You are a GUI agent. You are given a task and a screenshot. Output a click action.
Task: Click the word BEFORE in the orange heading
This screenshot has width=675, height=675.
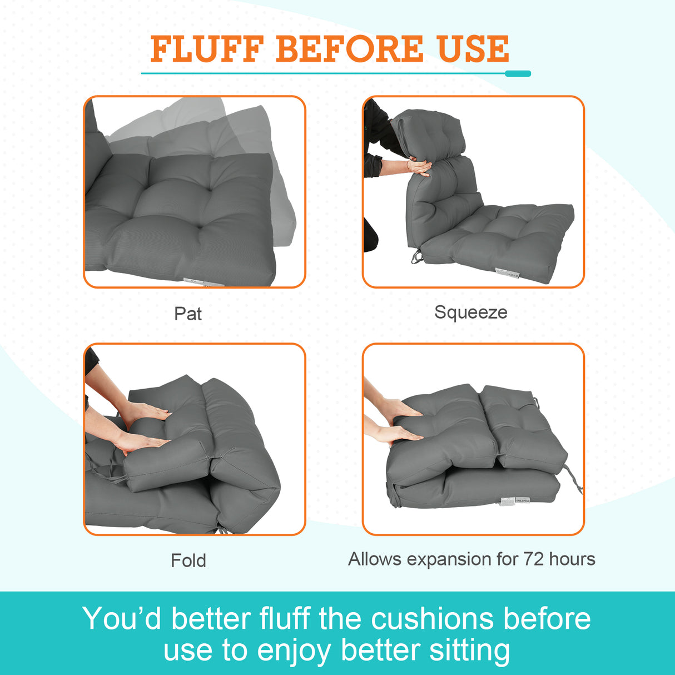(x=349, y=49)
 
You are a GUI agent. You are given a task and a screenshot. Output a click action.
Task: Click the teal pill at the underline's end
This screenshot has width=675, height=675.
(x=518, y=73)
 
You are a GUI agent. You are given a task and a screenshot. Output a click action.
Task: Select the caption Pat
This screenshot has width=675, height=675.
(x=187, y=314)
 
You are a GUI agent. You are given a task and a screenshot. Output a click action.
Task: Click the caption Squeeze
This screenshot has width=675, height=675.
(x=470, y=312)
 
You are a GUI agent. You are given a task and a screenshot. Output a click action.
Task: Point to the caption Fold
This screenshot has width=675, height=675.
(x=188, y=560)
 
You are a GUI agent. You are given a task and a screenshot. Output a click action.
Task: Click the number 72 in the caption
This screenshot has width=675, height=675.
(x=533, y=559)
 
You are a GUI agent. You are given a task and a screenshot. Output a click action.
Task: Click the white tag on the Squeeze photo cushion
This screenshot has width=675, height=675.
(x=507, y=272)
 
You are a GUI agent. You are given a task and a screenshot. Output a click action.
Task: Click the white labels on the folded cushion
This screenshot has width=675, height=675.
(x=515, y=500)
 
